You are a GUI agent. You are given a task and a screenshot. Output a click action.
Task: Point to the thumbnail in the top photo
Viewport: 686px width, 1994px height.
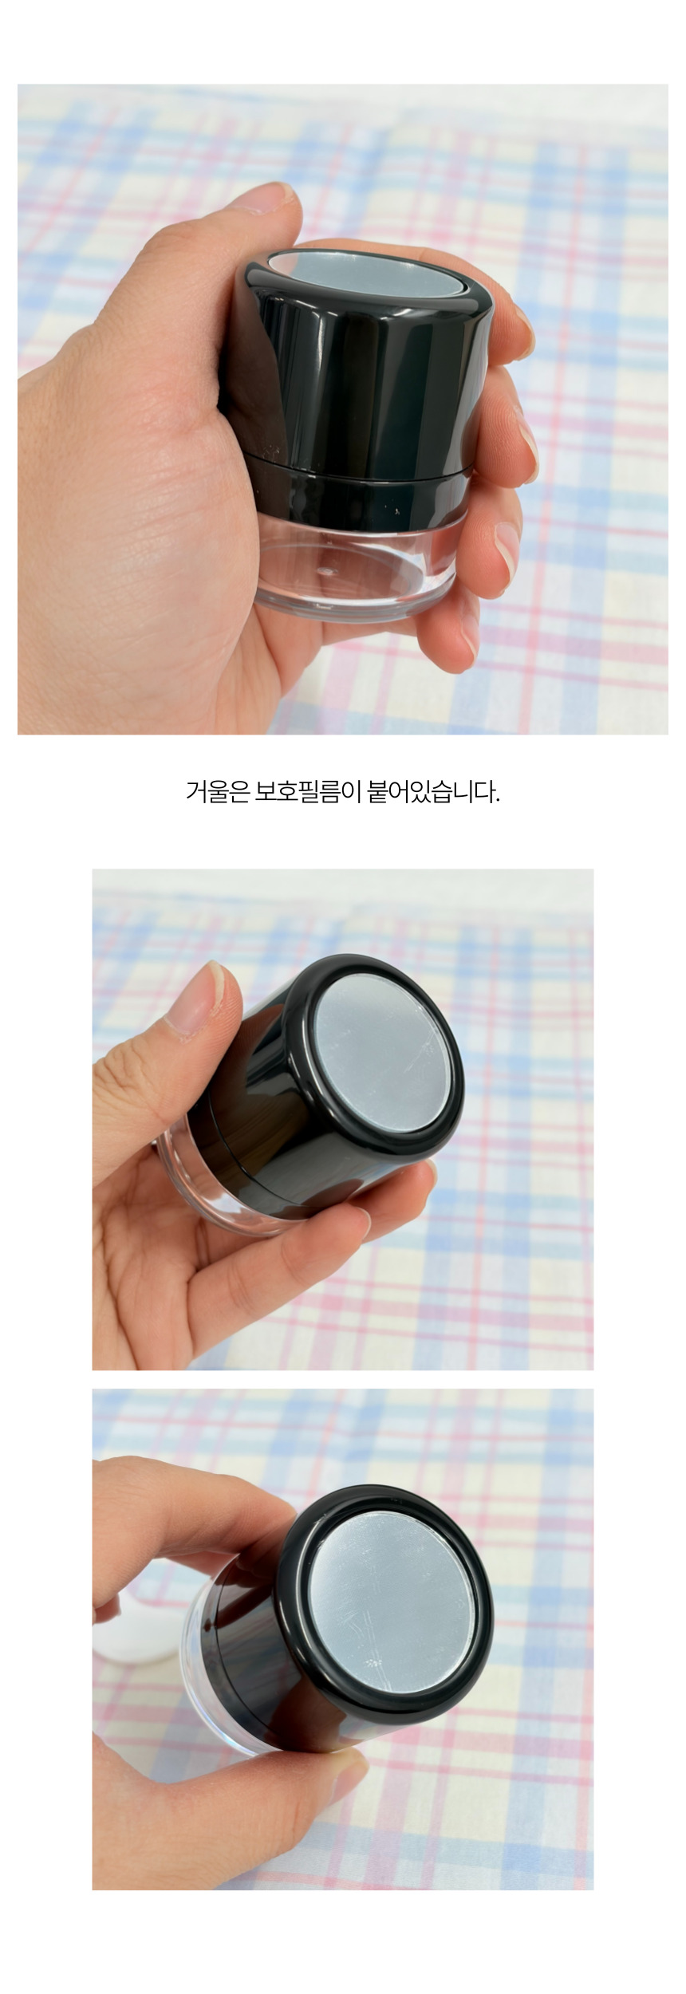point(271,197)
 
